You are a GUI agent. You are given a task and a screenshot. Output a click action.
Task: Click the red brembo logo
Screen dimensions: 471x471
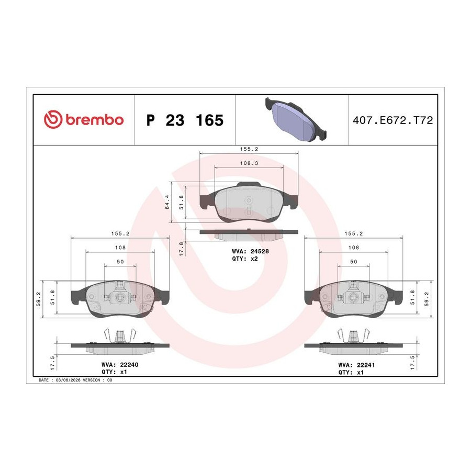84,119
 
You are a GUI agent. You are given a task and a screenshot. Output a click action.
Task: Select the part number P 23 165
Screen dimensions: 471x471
185,120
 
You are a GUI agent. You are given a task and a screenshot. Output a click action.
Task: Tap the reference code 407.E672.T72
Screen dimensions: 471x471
392,120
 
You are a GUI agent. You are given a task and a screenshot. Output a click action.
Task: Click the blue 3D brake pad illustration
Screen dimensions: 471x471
296,119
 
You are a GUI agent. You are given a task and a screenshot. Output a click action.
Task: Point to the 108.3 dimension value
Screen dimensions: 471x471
249,163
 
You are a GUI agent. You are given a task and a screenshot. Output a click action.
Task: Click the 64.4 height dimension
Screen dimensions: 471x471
167,202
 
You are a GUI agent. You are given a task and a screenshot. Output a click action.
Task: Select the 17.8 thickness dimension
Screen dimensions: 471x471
181,249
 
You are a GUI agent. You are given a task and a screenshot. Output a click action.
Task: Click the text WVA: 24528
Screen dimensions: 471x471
250,251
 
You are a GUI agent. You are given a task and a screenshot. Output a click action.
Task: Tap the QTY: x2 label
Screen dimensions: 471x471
245,259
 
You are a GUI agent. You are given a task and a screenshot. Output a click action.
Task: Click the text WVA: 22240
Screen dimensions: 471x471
120,365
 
